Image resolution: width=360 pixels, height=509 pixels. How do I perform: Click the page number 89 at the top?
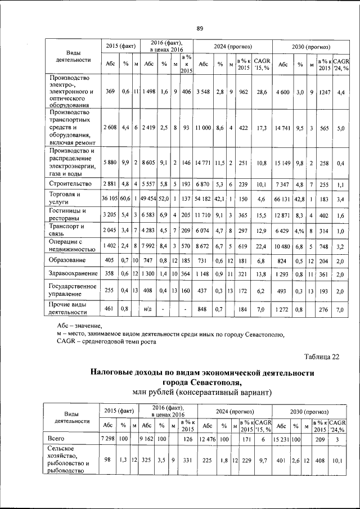pyautogui.click(x=199, y=29)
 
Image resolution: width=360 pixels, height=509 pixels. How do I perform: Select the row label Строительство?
pyautogui.click(x=70, y=184)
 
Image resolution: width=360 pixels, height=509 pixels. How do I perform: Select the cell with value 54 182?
pyautogui.click(x=204, y=199)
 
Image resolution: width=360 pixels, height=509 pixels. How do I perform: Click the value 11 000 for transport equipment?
pyautogui.click(x=204, y=128)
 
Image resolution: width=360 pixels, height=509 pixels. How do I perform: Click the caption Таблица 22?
pyautogui.click(x=322, y=357)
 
